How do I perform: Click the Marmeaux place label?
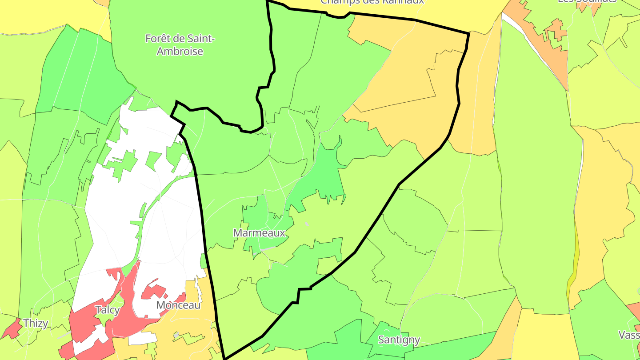(x=259, y=233)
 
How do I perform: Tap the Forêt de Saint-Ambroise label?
(x=180, y=45)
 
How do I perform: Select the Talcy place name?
(x=108, y=310)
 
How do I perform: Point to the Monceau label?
(x=178, y=305)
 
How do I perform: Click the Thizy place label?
(x=36, y=323)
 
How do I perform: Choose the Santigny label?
(x=399, y=340)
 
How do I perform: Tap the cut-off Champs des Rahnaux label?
(x=372, y=2)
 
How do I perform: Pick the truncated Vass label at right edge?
(x=629, y=335)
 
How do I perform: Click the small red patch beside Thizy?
(x=12, y=329)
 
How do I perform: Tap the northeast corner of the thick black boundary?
(x=469, y=33)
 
